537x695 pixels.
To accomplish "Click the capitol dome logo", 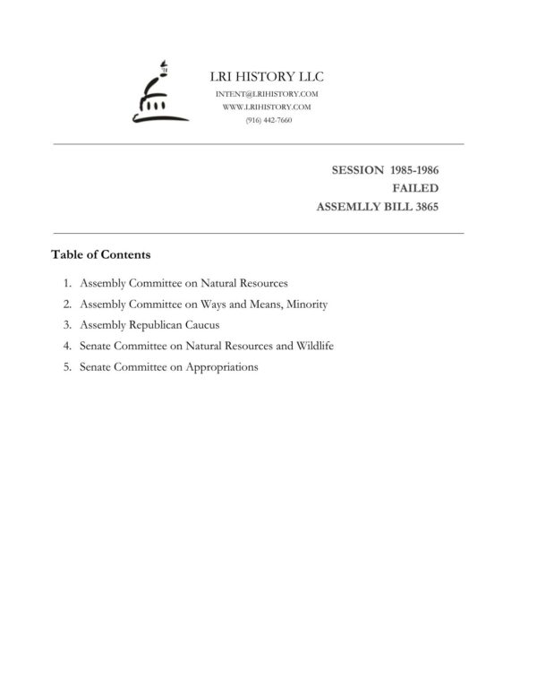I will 158,93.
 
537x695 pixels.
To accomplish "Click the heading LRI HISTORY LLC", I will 266,77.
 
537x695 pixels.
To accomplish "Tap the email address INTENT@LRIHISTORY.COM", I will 267,94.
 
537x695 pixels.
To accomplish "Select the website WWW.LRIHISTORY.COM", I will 267,107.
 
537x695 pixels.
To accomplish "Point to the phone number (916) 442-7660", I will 268,120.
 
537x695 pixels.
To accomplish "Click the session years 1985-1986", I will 414,169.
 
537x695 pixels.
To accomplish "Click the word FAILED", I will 415,188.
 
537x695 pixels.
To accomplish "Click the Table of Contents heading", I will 100,254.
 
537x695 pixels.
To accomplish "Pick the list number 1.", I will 67,283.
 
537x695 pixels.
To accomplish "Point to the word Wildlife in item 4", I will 313,346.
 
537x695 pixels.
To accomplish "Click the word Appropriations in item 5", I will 221,367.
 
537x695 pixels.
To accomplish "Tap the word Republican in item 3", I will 155,325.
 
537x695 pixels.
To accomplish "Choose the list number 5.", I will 67,367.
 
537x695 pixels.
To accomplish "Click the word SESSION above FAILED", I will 357,169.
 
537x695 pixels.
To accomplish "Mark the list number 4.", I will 67,346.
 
